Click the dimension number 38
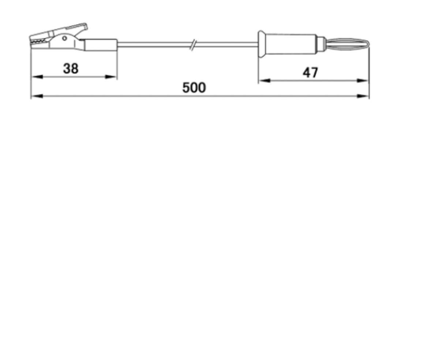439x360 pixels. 71,69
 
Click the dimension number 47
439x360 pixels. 310,72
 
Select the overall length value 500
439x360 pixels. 194,88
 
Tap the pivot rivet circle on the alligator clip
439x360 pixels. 64,38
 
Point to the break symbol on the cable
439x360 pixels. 193,45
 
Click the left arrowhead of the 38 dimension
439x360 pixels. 37,77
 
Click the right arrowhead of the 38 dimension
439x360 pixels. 111,77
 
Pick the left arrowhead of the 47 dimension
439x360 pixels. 264,81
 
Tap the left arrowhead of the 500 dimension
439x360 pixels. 37,96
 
